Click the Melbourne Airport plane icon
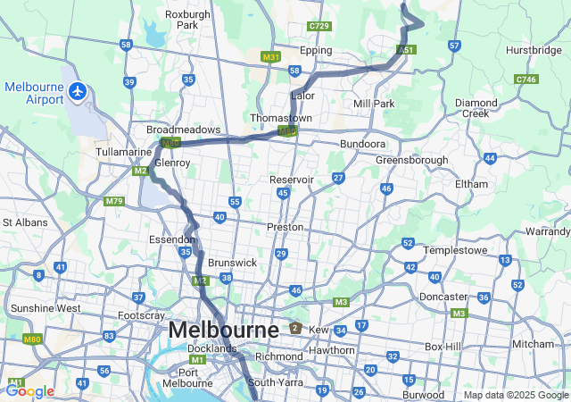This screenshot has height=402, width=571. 79,91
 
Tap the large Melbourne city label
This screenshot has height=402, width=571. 223,331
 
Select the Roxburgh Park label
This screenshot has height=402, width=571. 186,20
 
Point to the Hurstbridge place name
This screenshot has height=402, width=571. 534,51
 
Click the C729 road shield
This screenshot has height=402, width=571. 319,27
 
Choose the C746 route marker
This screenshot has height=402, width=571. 526,80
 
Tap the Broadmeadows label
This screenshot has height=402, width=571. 177,130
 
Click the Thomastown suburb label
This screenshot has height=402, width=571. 281,118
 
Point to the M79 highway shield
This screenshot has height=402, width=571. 113,201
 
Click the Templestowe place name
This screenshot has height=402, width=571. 453,251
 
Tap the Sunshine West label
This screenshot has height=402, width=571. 45,308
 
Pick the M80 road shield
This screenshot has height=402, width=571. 33,339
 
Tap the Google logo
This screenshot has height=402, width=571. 29,390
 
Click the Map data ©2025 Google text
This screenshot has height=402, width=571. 515,395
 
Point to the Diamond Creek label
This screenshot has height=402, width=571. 476,108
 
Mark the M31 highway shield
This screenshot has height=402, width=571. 271,56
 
